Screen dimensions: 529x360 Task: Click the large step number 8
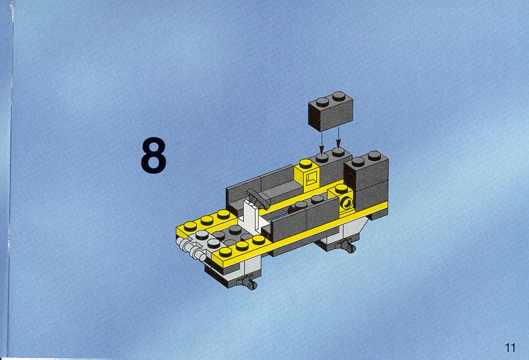(x=153, y=155)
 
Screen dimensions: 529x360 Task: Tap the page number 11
(x=510, y=347)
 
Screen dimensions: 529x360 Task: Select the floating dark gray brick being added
(x=331, y=111)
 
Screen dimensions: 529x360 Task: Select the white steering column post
(x=252, y=215)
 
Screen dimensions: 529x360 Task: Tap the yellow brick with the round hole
(x=341, y=198)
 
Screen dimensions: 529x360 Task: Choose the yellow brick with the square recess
(x=307, y=176)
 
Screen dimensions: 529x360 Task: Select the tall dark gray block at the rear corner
(x=366, y=180)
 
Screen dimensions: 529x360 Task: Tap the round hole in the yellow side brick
(x=347, y=203)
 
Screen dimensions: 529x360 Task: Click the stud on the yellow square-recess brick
(x=306, y=164)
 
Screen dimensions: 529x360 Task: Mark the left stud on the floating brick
(x=322, y=101)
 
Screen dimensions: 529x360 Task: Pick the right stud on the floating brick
(x=339, y=96)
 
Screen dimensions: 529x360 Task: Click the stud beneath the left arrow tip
(x=322, y=158)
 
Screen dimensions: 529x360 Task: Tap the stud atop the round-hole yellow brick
(x=341, y=188)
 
